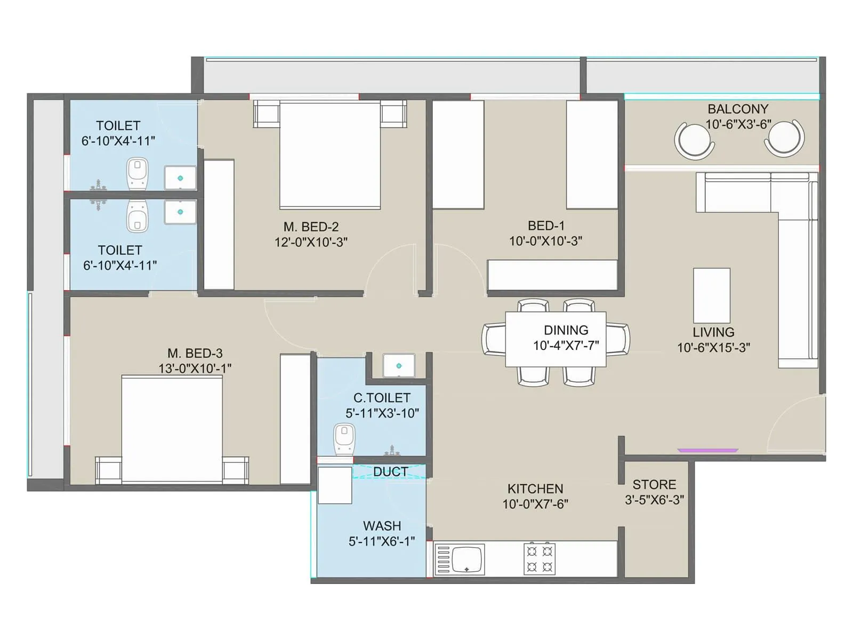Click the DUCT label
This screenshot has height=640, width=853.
[x=390, y=472]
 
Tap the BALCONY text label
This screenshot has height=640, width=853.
[x=738, y=109]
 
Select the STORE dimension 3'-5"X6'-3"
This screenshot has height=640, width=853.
[x=654, y=500]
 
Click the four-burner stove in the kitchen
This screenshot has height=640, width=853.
[x=540, y=559]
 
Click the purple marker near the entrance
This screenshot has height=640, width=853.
[x=708, y=451]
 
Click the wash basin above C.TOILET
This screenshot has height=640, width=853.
[x=399, y=366]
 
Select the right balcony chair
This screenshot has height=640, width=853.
[x=784, y=139]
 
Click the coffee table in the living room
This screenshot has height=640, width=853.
[x=711, y=295]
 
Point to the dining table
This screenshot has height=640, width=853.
[x=556, y=339]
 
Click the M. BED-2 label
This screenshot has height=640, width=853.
[x=311, y=227]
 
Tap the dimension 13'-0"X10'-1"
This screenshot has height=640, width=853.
[x=195, y=369]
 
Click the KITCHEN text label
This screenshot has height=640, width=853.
[x=535, y=489]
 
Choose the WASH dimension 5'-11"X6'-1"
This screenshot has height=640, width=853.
[x=382, y=541]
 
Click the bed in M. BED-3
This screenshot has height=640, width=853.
[x=172, y=429]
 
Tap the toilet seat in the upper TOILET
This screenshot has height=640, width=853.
[x=138, y=173]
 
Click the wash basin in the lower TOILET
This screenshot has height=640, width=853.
[x=180, y=212]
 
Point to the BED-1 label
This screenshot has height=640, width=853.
[x=546, y=226]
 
